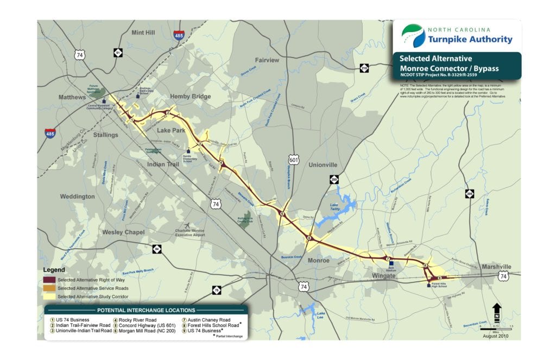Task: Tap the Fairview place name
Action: (267, 60)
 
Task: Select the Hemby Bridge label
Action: (190, 97)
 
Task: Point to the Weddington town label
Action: (77, 197)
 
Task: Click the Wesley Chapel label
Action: (124, 232)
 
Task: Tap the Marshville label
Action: (496, 267)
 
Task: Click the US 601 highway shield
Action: (294, 160)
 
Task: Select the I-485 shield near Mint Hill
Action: (179, 36)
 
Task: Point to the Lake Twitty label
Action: (339, 207)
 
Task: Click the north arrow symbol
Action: (496, 313)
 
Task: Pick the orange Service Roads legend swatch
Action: (49, 288)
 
